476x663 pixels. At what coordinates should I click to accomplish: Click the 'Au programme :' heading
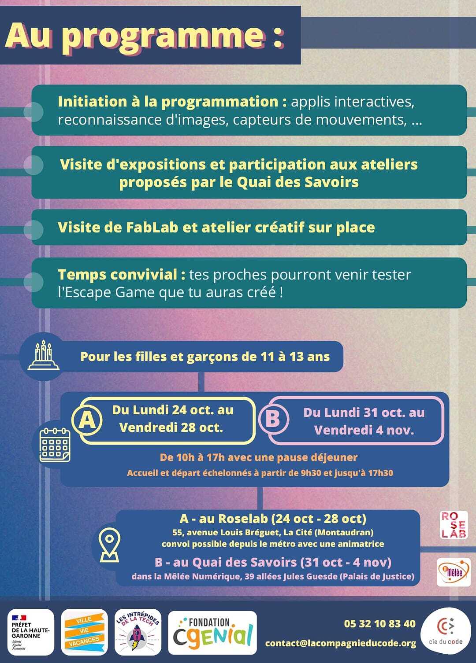coord(145,35)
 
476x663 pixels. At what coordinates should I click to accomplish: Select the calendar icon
coord(55,445)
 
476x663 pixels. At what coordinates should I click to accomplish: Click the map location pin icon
coord(109,545)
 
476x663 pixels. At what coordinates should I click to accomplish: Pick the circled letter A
coord(87,420)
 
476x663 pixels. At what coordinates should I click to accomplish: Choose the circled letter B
coord(273,419)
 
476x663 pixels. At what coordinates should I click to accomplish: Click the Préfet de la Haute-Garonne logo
coord(31,632)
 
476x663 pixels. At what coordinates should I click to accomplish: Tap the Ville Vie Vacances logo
coord(84,632)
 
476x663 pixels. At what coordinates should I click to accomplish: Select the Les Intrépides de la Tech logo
coord(138,632)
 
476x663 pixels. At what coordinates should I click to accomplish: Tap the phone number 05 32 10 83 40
coord(379,623)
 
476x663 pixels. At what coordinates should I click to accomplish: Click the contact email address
coord(340,643)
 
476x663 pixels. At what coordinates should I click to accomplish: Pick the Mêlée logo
coord(454,572)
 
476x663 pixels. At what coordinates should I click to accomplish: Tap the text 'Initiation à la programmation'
coord(167,102)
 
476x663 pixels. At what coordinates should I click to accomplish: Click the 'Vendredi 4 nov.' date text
coord(364,430)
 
